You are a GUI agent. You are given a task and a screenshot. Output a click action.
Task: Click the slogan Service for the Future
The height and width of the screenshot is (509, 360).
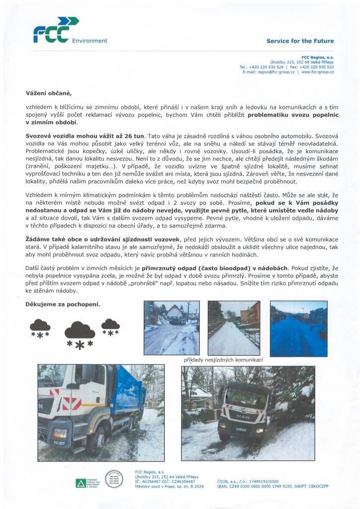click(300, 41)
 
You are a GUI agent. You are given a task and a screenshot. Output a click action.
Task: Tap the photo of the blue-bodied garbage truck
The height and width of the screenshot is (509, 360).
click(101, 406)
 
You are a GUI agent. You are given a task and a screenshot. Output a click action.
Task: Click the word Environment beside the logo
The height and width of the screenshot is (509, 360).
click(90, 41)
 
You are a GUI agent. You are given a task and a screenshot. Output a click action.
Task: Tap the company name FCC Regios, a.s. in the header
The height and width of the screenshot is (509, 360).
click(318, 57)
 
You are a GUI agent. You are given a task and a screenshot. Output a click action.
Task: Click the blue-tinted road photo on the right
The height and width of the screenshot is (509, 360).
click(298, 328)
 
